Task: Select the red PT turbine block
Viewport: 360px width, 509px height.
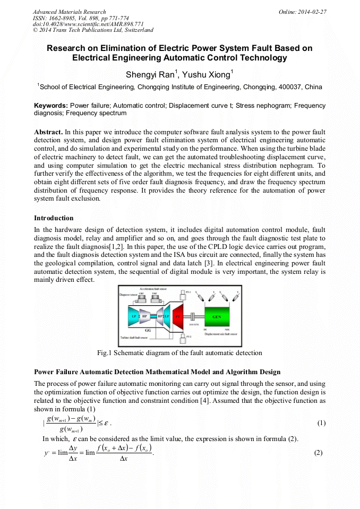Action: click(177, 315)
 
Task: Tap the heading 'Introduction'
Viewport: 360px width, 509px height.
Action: click(54, 218)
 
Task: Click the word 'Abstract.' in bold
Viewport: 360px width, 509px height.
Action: click(48, 131)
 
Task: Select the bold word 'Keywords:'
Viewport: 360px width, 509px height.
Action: click(50, 106)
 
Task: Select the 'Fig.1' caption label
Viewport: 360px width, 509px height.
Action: click(105, 353)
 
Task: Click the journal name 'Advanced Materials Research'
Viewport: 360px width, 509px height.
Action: click(69, 12)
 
